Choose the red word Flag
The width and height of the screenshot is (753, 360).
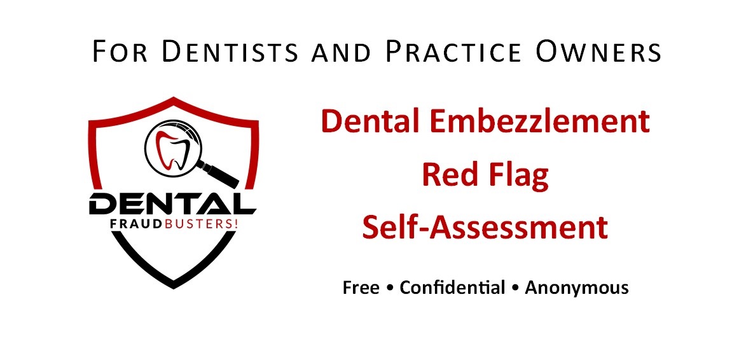[x=519, y=176]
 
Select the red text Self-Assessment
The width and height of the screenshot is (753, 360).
[x=485, y=228]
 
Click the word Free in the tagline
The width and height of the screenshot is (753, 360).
[x=361, y=287]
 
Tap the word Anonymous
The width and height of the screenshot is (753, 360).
[x=577, y=287]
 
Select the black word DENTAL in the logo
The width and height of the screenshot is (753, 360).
[x=172, y=204]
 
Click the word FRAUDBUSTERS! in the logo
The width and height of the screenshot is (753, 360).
[x=172, y=224]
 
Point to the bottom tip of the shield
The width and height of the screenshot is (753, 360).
[x=173, y=286]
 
